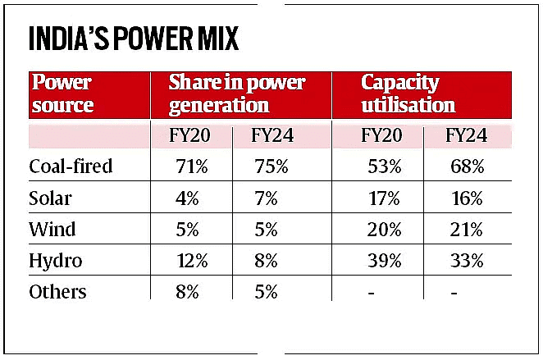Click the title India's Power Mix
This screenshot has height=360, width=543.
click(x=135, y=40)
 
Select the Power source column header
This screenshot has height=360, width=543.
click(x=62, y=94)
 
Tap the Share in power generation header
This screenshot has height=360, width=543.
click(x=236, y=94)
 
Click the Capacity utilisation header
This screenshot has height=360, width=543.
click(x=408, y=94)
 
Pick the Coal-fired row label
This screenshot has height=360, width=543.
click(x=70, y=166)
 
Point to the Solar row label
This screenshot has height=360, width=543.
click(x=51, y=198)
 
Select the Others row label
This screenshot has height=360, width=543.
click(x=57, y=292)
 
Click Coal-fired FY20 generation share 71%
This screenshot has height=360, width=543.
click(x=189, y=166)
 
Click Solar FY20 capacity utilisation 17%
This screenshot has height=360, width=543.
click(x=382, y=198)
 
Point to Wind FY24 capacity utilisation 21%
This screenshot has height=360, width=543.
click(x=466, y=230)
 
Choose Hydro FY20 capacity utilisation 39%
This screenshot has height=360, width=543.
click(x=382, y=262)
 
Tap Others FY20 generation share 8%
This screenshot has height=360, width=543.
click(x=189, y=292)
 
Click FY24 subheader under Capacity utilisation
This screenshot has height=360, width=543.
click(x=466, y=135)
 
